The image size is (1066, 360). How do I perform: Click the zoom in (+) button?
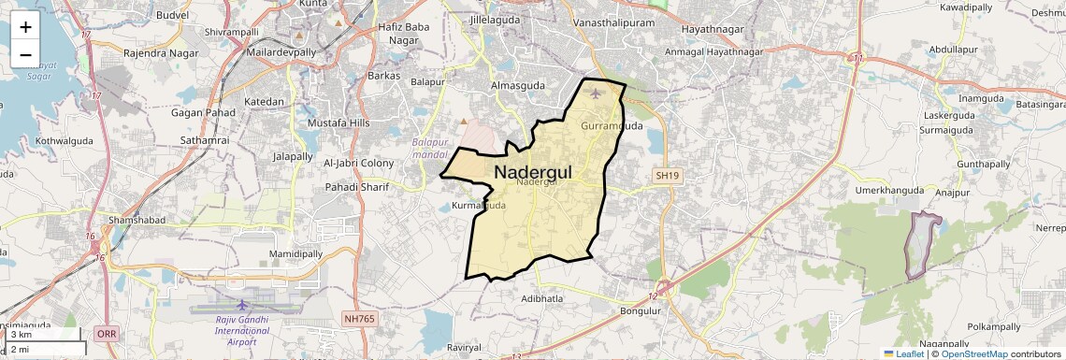point(25,28)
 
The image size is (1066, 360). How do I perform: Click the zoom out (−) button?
point(25,54)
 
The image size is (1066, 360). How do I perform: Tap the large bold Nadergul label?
point(532,172)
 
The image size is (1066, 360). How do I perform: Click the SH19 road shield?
point(667,175)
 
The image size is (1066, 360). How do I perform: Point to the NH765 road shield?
point(360,319)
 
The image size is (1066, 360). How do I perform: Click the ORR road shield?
point(107,333)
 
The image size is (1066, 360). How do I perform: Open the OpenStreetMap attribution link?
point(974,353)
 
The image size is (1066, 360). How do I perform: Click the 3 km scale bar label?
point(22,335)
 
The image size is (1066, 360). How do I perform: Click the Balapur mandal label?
point(430,149)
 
